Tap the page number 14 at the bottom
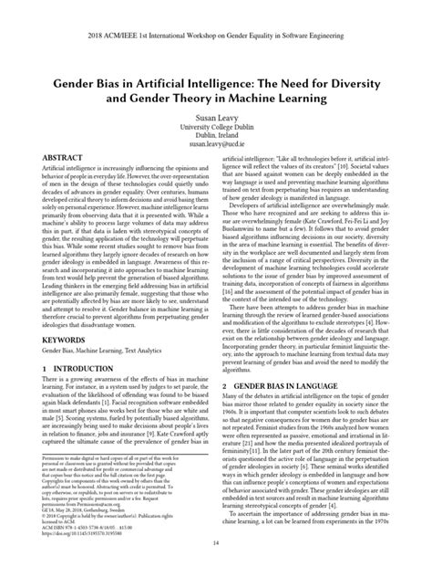click(x=216, y=565)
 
